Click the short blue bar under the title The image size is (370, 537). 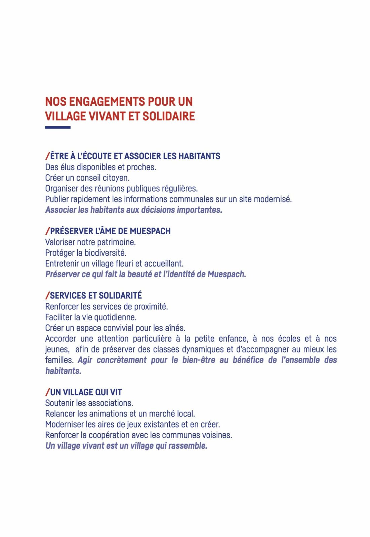coord(58,128)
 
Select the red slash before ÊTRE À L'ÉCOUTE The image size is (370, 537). coord(47,156)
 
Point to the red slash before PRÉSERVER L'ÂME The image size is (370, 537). coord(47,231)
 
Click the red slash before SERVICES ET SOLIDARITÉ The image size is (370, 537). coord(47,296)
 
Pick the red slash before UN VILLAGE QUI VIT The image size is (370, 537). coord(47,392)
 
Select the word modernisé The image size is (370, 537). coord(273,199)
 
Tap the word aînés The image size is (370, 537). coord(175,328)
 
